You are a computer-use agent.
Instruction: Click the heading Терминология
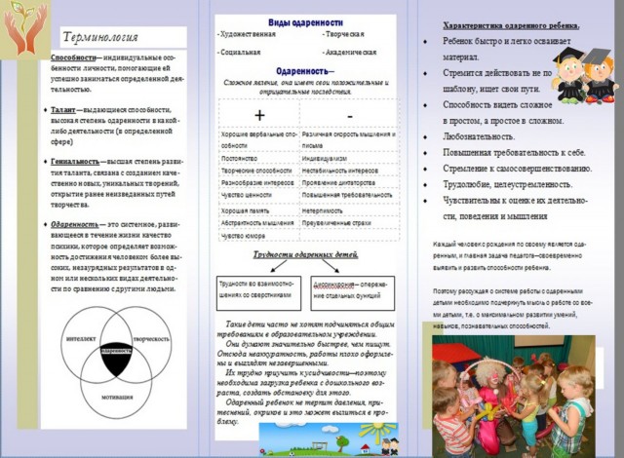(x=99, y=39)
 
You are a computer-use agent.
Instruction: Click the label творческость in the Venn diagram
(x=151, y=338)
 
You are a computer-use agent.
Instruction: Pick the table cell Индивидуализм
(x=326, y=154)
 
